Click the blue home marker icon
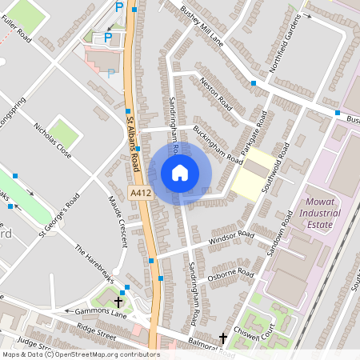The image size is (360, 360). [180, 173]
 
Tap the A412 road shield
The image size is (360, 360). [138, 193]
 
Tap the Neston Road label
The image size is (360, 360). [216, 94]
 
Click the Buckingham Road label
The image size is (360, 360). [216, 144]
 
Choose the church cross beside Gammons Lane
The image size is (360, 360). [118, 302]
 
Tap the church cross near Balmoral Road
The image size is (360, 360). [223, 339]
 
